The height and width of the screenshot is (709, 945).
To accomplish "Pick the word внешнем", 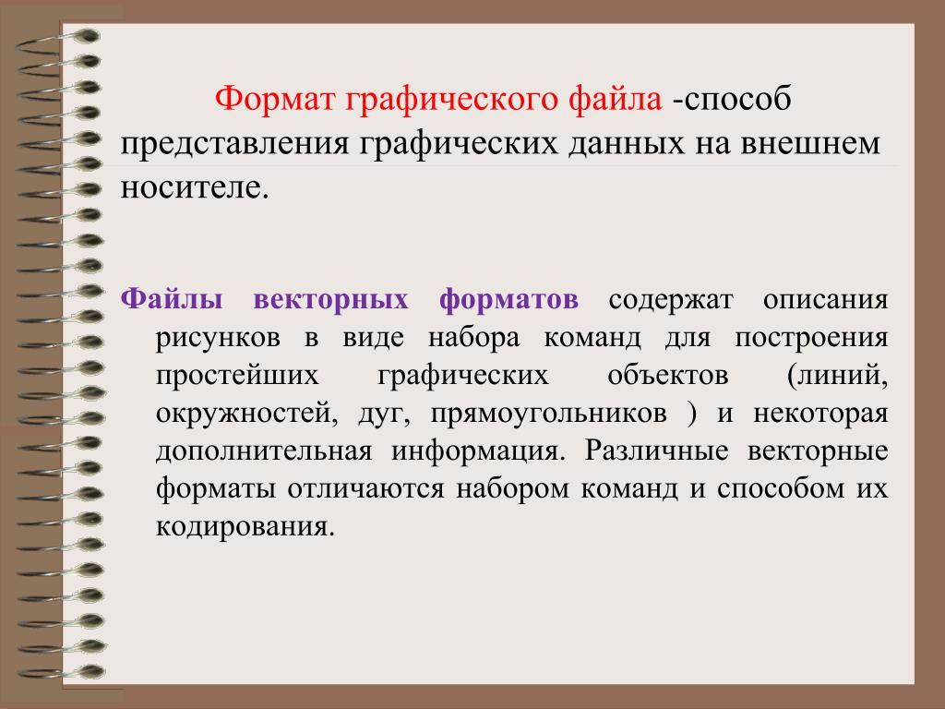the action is point(810,145).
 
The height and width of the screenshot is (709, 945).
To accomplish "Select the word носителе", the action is point(194,187).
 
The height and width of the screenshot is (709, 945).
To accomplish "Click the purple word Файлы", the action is point(172,300).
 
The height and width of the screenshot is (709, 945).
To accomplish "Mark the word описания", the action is point(826,300).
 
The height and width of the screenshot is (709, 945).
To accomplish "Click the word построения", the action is point(811,339).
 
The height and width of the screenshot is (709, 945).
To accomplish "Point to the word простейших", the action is point(237,377).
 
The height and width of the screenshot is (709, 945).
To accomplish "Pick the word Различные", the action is point(656,451).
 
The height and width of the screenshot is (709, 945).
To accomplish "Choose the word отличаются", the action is point(365,489).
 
